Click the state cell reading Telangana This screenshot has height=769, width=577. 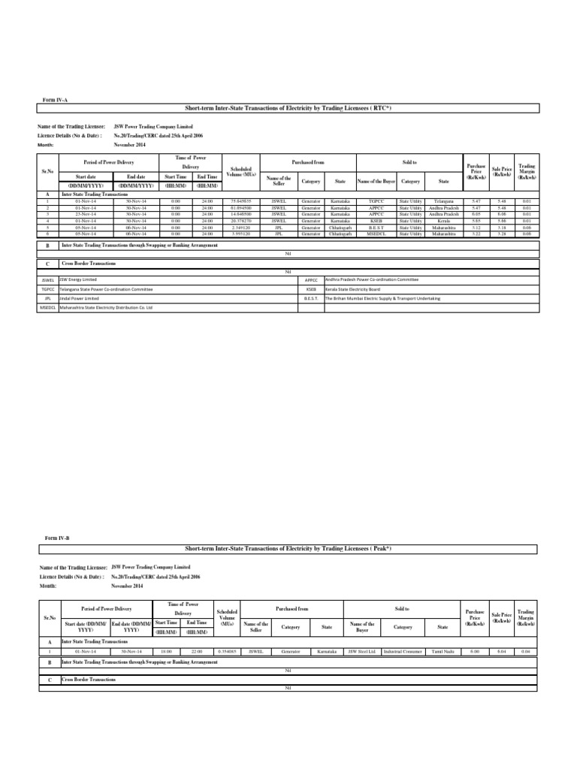coord(443,202)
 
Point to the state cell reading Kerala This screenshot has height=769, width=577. coord(443,221)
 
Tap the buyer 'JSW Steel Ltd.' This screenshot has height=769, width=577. coord(363,651)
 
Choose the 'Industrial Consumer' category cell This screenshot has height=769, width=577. coord(403,651)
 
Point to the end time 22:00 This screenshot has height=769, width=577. coord(197,651)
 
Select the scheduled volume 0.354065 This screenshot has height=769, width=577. coord(226,651)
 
